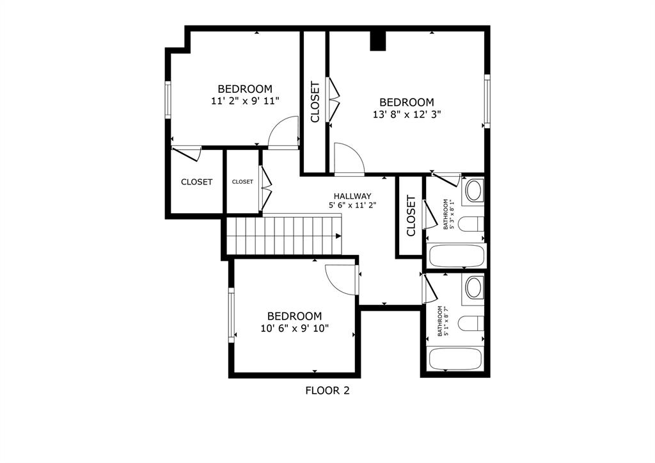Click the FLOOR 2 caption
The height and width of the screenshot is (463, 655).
(x=327, y=390)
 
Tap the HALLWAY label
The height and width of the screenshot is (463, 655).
(x=352, y=196)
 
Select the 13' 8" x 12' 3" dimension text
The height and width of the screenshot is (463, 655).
(x=407, y=115)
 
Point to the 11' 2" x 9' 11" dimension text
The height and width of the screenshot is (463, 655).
(x=245, y=101)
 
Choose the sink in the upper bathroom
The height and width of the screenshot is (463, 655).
(x=473, y=191)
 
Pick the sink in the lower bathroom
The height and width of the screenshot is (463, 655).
(x=473, y=288)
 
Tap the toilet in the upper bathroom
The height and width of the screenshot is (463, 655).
(x=472, y=225)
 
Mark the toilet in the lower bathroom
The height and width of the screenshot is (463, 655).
(x=472, y=323)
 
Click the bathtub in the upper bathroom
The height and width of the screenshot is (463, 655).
(x=455, y=256)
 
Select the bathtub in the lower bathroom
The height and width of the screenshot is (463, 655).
(x=455, y=359)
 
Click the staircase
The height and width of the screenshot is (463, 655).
(x=284, y=235)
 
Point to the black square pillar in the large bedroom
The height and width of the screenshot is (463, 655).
(x=379, y=40)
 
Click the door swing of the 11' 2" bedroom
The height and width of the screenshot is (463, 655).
(x=284, y=133)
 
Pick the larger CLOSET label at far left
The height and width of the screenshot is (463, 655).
(x=196, y=182)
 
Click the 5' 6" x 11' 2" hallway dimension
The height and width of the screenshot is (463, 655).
(x=352, y=206)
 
